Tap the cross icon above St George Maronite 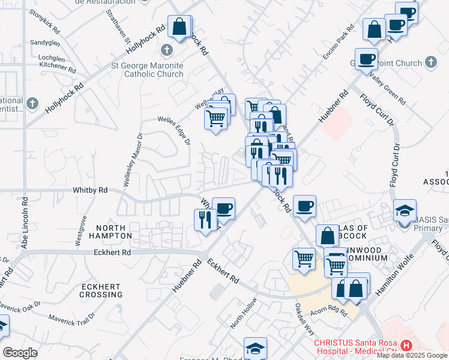point(167,50)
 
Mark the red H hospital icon point(407,346)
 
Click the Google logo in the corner point(20,353)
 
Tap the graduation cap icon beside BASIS point(404,209)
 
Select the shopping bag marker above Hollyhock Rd point(179,26)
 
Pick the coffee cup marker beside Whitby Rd point(223,208)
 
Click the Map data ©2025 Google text point(412,355)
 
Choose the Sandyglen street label point(46,43)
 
